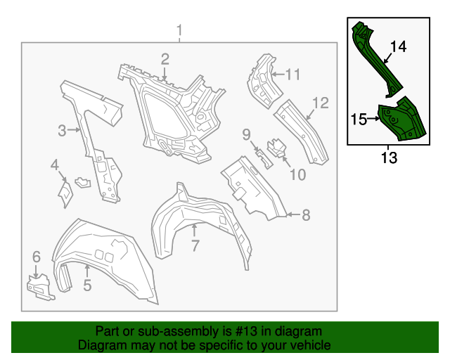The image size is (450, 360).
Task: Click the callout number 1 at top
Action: [x=180, y=31]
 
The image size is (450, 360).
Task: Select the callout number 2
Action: [x=165, y=59]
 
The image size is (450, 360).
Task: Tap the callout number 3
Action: [x=62, y=130]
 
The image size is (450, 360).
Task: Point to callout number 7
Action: [x=195, y=245]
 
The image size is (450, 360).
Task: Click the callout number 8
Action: [x=306, y=216]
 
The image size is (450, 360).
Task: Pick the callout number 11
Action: [x=293, y=74]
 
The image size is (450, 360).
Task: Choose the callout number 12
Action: [x=321, y=103]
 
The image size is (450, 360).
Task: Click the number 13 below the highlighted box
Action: [x=389, y=157]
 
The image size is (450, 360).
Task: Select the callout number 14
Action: [x=398, y=47]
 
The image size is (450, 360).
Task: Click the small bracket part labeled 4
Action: [x=65, y=192]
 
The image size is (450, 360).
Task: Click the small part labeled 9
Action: [x=262, y=157]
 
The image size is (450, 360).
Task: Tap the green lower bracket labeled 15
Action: [x=401, y=120]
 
